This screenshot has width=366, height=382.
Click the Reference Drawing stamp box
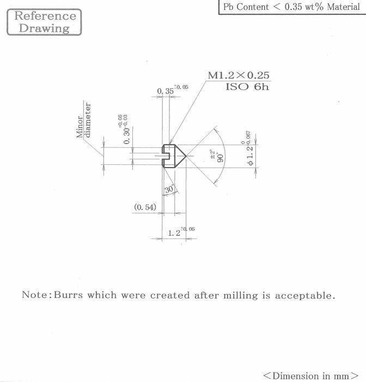[x=44, y=22]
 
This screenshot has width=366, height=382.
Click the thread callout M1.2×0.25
[x=239, y=75]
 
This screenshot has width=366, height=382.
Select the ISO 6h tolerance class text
[x=247, y=87]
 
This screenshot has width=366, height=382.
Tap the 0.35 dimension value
[x=166, y=91]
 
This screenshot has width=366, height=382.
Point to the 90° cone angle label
[x=221, y=158]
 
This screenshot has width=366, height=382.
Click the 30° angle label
[x=169, y=189]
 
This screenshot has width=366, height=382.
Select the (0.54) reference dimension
[x=145, y=207]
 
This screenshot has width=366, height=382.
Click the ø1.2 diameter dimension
[x=250, y=156]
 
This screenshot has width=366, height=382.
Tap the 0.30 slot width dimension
[x=127, y=136]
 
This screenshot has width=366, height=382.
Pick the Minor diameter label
[x=83, y=121]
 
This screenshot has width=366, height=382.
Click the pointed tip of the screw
[x=186, y=156]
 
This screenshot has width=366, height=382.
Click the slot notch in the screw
[x=166, y=156]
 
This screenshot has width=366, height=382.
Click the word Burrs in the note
[x=68, y=295]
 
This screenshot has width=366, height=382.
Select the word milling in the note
[x=241, y=296]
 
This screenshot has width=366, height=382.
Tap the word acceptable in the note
[x=305, y=296]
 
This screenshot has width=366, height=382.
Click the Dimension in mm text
[x=310, y=375]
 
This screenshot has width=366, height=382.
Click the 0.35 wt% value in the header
[x=304, y=7]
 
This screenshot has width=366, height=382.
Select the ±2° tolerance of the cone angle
[x=212, y=154]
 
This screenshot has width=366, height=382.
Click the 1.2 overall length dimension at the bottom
[x=174, y=233]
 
